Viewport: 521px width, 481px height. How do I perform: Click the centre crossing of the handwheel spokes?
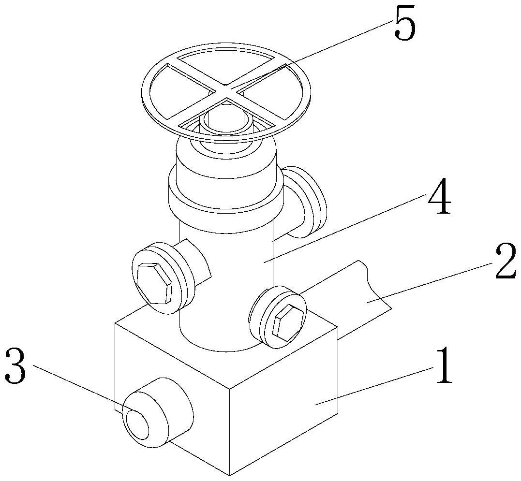(226, 88)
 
